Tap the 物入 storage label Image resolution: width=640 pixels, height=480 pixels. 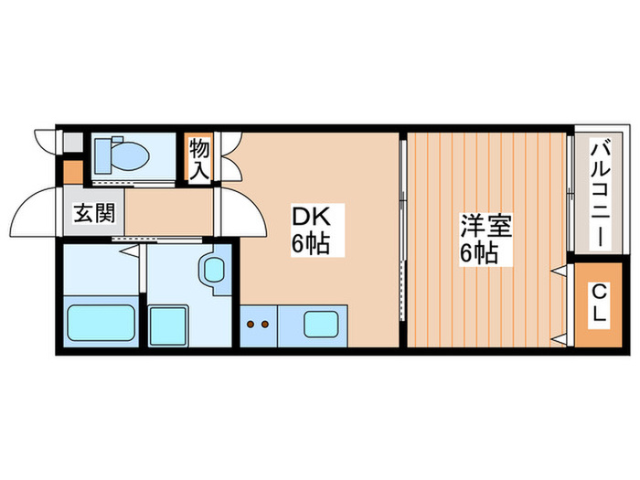tap(199, 159)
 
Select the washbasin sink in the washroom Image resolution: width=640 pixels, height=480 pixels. tap(216, 270)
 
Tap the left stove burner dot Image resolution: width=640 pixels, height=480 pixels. tap(250, 323)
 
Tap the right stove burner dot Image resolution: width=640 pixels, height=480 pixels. tap(264, 323)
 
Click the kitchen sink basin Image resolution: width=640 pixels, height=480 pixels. tap(323, 324)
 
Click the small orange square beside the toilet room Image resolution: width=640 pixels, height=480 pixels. tap(72, 170)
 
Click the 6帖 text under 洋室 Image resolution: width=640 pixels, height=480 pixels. tap(481, 253)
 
